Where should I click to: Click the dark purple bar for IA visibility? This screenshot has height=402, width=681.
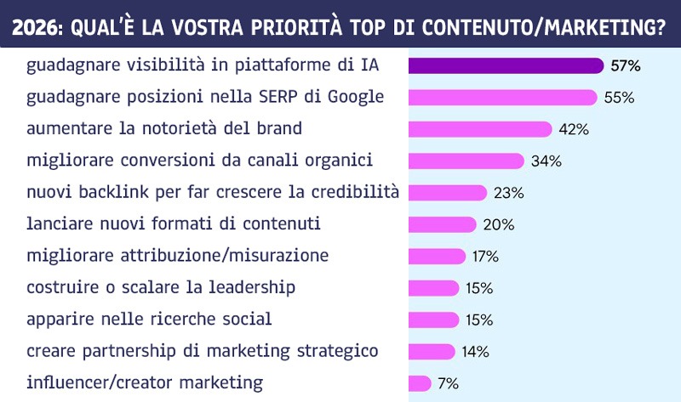506,65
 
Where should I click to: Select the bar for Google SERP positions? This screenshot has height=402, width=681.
502,97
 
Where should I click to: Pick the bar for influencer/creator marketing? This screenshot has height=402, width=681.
420,382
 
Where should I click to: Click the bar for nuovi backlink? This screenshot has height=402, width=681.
448,193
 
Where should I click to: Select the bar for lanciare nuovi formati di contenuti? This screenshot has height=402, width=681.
442,224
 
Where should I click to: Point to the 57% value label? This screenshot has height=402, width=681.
624,65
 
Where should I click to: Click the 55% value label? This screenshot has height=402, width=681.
620,98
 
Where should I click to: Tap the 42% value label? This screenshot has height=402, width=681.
574,129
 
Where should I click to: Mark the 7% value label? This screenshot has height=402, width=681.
448,383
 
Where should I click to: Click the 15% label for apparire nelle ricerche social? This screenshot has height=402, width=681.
479,320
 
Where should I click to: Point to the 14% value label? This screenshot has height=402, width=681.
475,351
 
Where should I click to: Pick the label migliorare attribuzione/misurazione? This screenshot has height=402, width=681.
178,256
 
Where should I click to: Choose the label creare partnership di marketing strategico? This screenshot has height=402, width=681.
203,351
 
